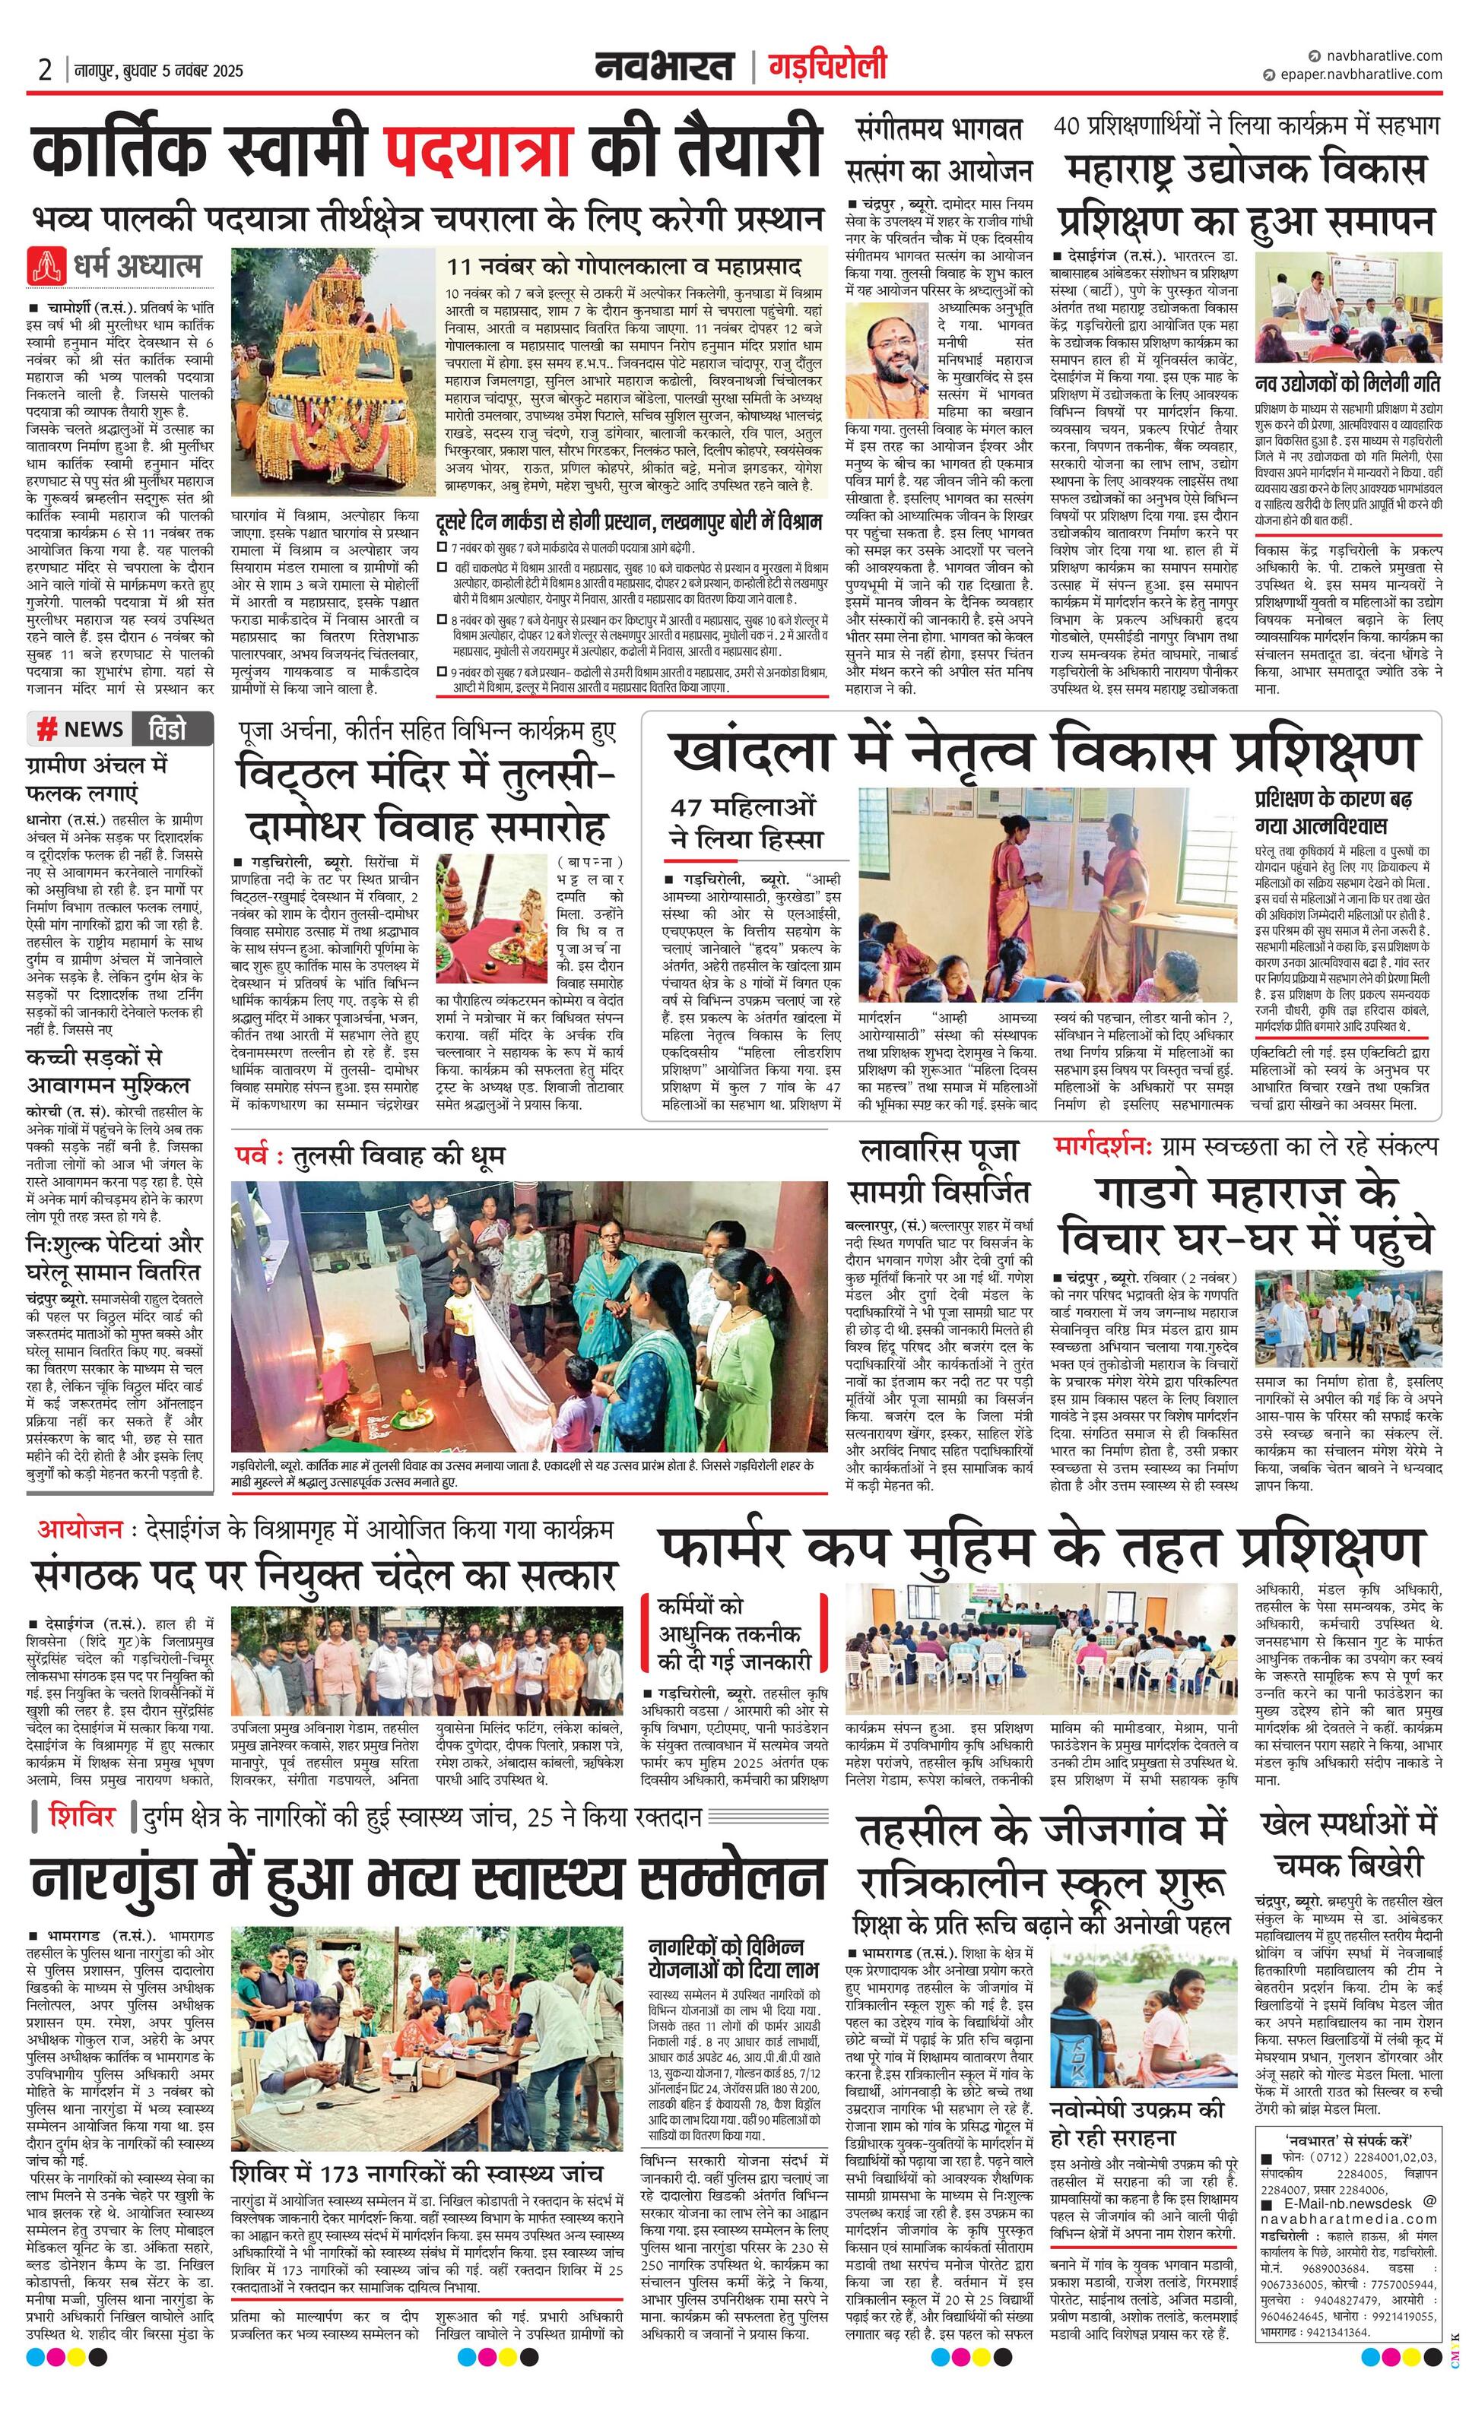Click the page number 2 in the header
[x=45, y=71]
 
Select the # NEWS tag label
[x=81, y=729]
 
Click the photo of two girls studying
[x=1145, y=2020]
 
